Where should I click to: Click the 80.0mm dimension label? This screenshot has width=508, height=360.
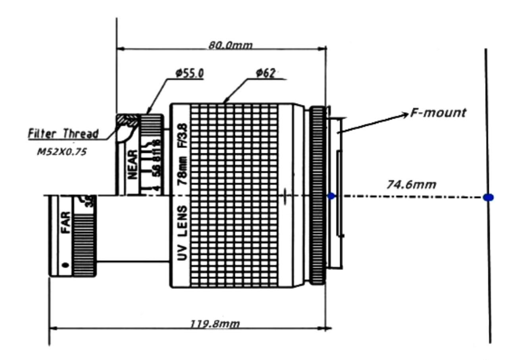pos(230,45)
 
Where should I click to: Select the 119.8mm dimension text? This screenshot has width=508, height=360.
pos(215,324)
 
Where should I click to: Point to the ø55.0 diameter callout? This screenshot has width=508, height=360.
pos(189,73)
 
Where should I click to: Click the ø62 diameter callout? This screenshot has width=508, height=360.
pos(265,73)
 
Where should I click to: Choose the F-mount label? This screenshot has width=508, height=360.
pos(438,113)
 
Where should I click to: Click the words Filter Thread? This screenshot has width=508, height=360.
pos(63,134)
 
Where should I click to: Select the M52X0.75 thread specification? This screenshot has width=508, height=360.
pos(62,152)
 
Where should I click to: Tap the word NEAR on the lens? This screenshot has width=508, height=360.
pos(133,164)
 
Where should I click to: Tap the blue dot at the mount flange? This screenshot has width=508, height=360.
pos(331,196)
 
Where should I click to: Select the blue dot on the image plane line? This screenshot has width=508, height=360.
pos(488,197)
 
